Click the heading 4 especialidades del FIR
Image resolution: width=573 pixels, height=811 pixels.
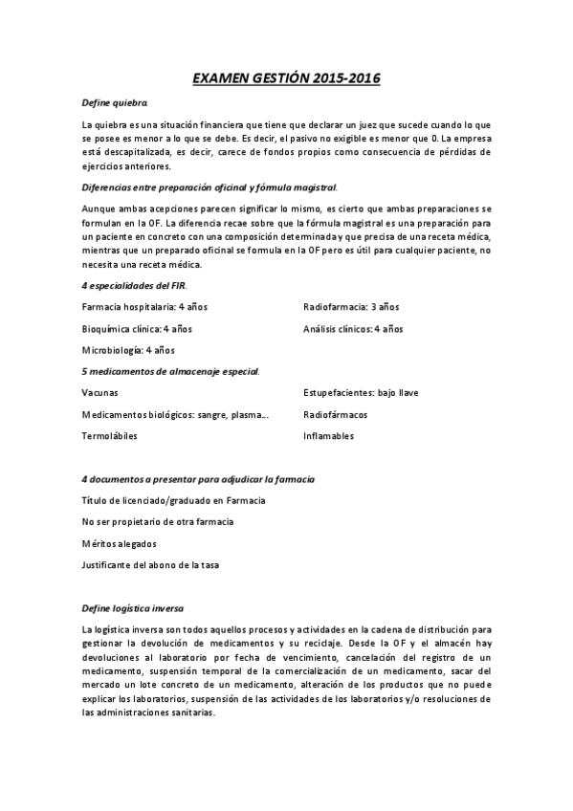(x=134, y=286)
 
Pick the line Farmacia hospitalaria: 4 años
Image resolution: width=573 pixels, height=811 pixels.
(x=144, y=307)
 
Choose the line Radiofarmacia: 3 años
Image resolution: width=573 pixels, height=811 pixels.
(x=351, y=307)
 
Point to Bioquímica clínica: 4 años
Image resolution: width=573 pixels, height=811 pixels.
(x=138, y=329)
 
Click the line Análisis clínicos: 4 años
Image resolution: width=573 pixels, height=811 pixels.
(x=353, y=329)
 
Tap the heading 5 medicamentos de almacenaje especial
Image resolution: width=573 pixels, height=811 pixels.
(x=171, y=371)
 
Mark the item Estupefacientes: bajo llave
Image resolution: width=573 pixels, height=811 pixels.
(x=361, y=393)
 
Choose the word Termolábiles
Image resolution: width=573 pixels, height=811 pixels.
(x=110, y=436)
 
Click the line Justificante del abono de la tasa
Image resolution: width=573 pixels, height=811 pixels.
(x=151, y=565)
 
